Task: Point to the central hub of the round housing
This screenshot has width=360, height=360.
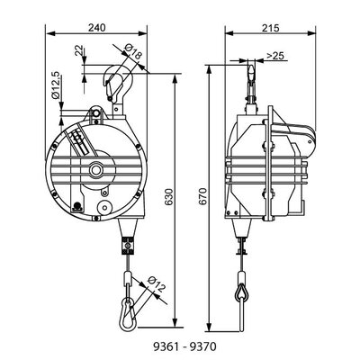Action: pos(94,169)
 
